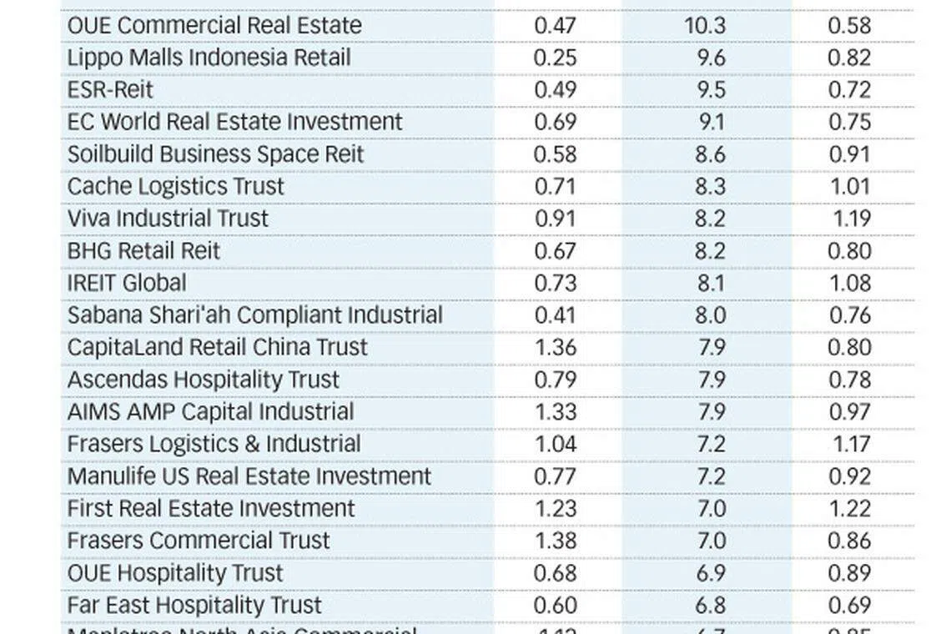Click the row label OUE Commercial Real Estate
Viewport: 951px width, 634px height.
(x=214, y=25)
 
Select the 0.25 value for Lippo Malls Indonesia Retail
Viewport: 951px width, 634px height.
(x=555, y=58)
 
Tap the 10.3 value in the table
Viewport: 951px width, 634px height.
(x=705, y=25)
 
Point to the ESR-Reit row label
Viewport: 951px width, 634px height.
(x=110, y=89)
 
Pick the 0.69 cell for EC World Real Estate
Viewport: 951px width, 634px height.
(x=555, y=122)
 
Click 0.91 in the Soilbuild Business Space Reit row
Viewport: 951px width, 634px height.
(x=849, y=154)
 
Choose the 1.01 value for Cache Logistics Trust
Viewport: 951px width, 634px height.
(x=849, y=186)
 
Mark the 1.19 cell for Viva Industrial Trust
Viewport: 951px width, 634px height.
(x=851, y=219)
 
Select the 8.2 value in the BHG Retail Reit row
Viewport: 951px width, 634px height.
(x=710, y=251)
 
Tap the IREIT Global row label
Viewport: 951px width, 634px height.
(x=127, y=283)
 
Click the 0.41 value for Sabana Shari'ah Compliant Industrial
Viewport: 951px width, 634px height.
(x=555, y=315)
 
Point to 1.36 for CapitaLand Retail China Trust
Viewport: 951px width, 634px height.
(x=555, y=347)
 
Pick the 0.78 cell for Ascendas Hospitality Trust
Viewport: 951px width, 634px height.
(x=849, y=380)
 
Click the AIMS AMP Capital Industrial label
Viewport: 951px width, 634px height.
(x=210, y=411)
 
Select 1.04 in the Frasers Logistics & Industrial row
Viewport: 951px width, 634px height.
(x=555, y=444)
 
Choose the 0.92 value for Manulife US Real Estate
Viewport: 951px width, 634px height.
(x=849, y=476)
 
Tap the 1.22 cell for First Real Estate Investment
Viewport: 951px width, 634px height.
(x=849, y=508)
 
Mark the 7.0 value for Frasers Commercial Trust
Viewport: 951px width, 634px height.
(x=710, y=541)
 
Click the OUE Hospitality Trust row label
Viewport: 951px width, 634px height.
(x=175, y=573)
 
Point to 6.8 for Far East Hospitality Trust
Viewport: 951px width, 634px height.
(x=710, y=605)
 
